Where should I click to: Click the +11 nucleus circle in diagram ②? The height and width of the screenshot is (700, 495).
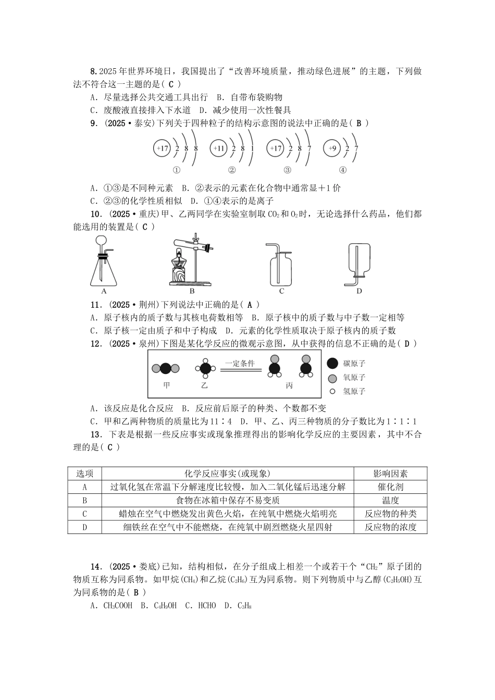coord(219,149)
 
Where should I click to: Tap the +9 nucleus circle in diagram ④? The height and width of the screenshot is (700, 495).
coord(331,149)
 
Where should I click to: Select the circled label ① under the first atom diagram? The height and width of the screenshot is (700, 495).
coord(176,170)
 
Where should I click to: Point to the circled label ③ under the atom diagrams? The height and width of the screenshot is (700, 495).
coord(288,170)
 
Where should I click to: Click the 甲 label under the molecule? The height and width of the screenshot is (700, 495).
coord(166,385)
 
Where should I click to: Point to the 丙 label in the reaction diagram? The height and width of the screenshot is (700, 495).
coord(289,385)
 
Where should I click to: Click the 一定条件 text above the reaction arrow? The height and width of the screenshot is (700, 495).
coord(240,364)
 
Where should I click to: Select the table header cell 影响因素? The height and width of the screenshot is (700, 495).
coord(390,473)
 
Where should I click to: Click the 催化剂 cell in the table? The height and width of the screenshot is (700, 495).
coord(390,487)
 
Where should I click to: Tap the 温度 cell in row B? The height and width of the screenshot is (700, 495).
coord(390,501)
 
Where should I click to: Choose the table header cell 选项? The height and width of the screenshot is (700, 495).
coord(85,473)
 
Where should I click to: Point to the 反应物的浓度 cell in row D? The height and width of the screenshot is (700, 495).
coord(390,527)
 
